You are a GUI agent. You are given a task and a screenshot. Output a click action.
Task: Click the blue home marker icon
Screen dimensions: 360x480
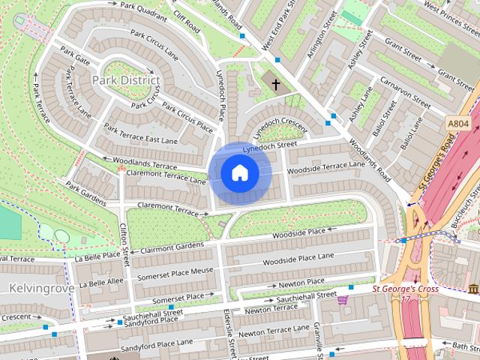[x=239, y=173]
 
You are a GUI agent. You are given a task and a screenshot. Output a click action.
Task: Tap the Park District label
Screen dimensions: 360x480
[x=126, y=79]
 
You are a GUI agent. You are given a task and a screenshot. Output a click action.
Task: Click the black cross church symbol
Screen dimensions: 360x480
[x=275, y=85]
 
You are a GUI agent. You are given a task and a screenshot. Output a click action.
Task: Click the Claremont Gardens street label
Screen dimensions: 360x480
[x=172, y=247]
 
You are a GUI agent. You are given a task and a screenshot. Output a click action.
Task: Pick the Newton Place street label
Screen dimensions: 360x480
[x=301, y=283]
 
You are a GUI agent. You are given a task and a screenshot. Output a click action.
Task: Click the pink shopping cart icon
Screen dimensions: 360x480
[x=343, y=300]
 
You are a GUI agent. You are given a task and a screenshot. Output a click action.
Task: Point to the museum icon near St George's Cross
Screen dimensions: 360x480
[x=473, y=289]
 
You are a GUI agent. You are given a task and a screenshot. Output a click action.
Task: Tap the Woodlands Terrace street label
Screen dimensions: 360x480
[x=144, y=163]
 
